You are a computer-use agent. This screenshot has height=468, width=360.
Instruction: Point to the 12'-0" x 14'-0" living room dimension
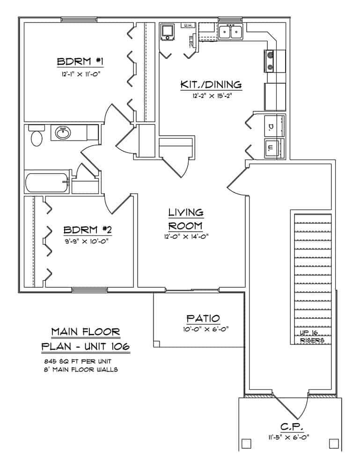[185, 236]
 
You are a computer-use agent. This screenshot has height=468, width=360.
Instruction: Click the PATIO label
[203, 318]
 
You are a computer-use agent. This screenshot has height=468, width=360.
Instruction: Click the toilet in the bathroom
[36, 138]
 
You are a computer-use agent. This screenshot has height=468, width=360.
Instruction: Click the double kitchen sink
[230, 32]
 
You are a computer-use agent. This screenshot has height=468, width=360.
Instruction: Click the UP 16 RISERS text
[312, 337]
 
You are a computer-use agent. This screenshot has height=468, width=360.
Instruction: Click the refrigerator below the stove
[275, 96]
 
